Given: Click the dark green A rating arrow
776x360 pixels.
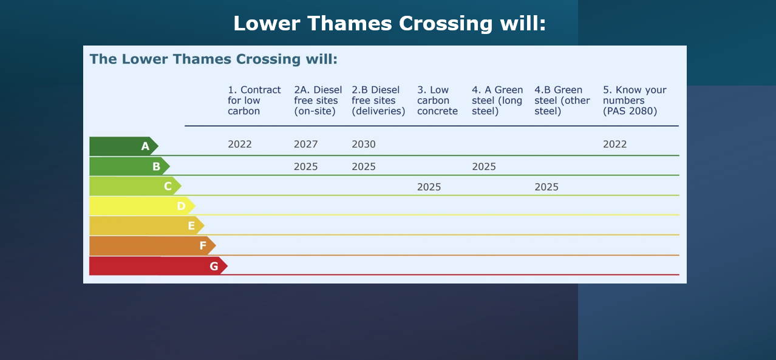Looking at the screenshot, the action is [x=124, y=146].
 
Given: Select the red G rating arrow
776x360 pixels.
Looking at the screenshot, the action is [x=158, y=266].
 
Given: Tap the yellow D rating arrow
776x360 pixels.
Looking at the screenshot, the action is [x=142, y=206].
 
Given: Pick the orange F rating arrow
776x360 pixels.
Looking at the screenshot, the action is [x=152, y=246].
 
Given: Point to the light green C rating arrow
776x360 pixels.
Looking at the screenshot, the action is [x=135, y=186].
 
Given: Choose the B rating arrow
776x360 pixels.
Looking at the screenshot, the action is [x=129, y=166].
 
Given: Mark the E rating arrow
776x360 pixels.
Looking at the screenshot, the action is [x=147, y=226].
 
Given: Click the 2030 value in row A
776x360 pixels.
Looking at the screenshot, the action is [x=363, y=144].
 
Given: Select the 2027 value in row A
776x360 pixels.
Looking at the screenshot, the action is [x=305, y=144].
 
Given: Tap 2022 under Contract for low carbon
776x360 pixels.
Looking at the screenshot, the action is [x=240, y=144].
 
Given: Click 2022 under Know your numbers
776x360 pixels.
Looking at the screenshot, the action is [x=615, y=144].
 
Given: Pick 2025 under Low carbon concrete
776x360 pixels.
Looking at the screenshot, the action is [x=429, y=187].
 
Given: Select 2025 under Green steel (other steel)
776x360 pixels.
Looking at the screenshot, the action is [x=546, y=187].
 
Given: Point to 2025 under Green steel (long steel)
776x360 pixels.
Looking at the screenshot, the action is [x=484, y=167].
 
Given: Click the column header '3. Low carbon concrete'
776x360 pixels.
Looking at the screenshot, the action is [x=437, y=101].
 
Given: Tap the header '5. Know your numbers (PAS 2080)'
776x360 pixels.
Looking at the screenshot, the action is [x=635, y=101].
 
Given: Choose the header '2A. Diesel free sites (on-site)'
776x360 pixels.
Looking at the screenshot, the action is [x=318, y=101].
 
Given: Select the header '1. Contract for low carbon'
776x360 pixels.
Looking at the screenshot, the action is [x=254, y=101].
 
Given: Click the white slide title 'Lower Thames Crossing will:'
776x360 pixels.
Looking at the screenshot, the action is [x=390, y=24].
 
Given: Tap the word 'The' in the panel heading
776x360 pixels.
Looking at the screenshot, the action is [x=103, y=59].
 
